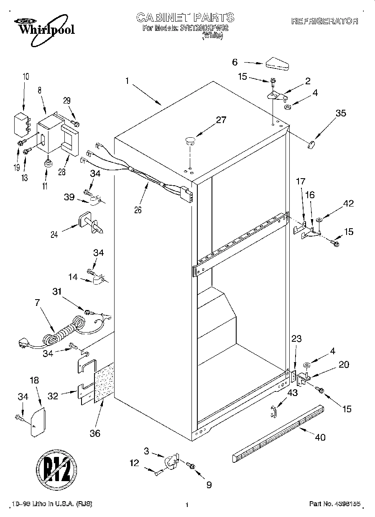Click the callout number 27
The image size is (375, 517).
pyautogui.click(x=221, y=120)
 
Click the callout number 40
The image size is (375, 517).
pyautogui.click(x=320, y=437)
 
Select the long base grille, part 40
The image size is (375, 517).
pyautogui.click(x=278, y=434)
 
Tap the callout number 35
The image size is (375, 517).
pyautogui.click(x=341, y=113)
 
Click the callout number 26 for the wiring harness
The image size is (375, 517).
pyautogui.click(x=138, y=210)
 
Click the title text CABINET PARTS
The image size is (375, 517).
pyautogui.click(x=185, y=18)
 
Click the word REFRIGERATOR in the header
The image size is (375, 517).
pyautogui.click(x=324, y=21)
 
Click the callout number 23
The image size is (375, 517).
pyautogui.click(x=296, y=339)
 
